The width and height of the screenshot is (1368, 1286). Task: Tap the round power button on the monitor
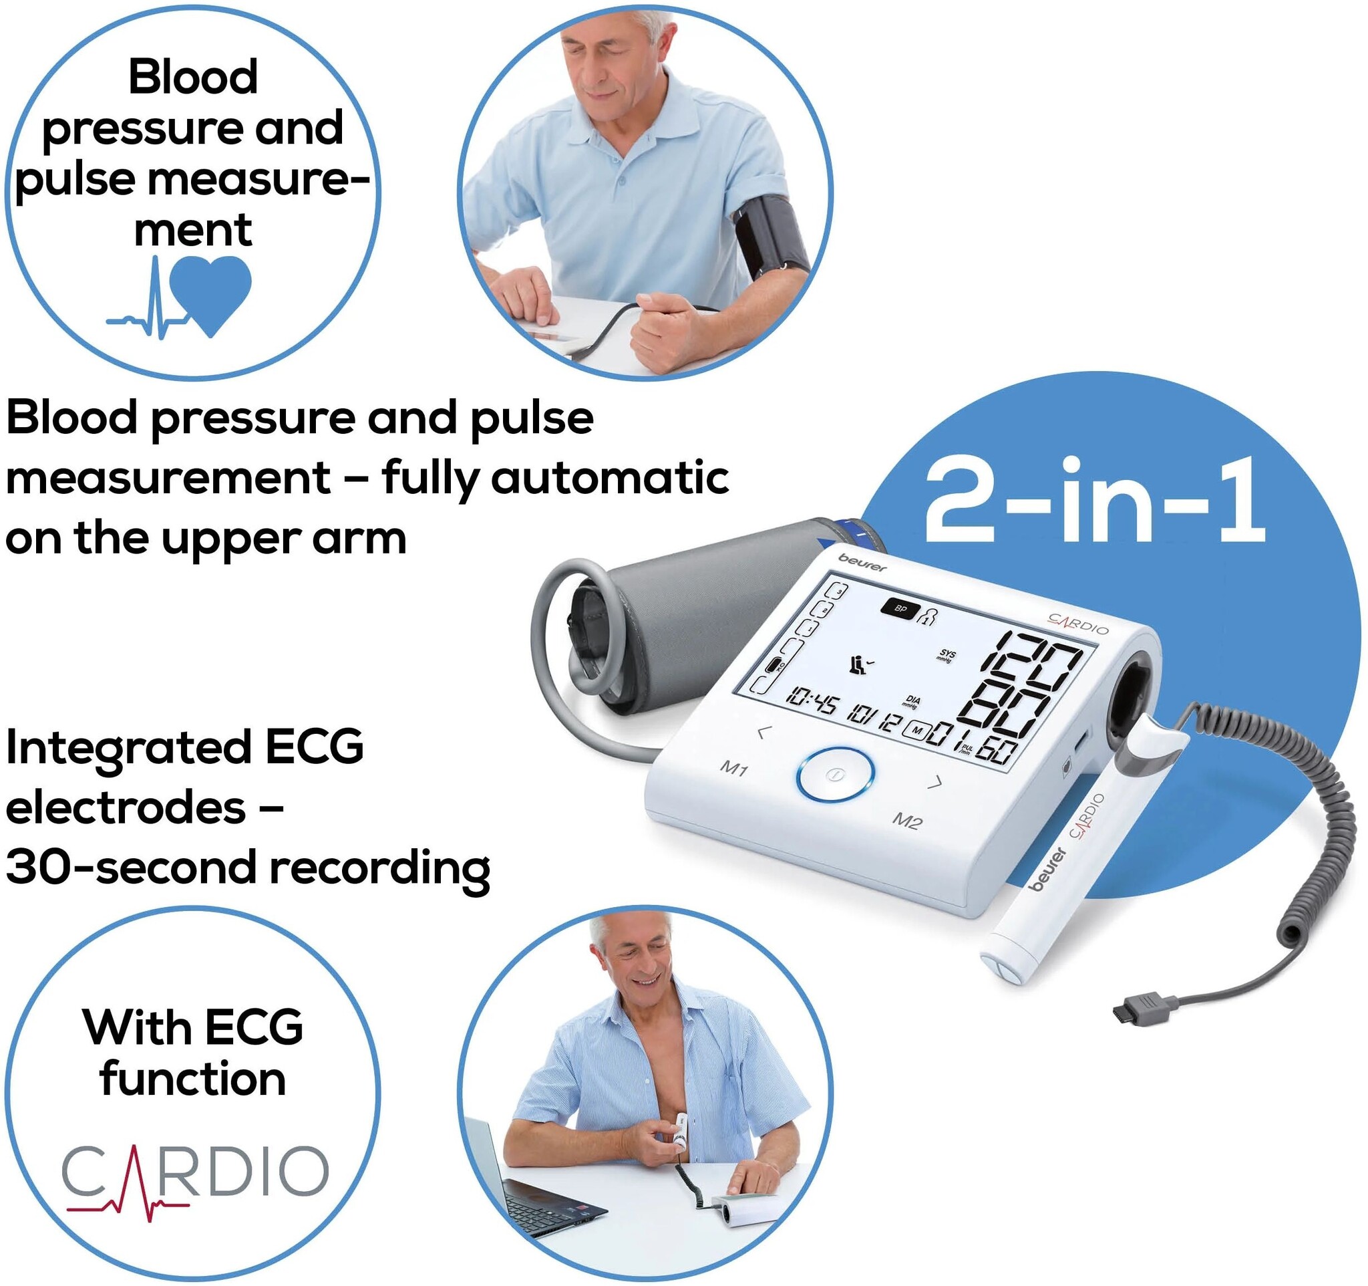click(835, 775)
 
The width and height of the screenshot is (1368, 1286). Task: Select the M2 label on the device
click(907, 821)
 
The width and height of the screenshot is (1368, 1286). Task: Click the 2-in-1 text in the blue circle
click(1095, 501)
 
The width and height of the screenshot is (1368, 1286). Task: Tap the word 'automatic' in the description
click(609, 478)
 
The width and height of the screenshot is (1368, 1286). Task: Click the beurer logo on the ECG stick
click(1046, 869)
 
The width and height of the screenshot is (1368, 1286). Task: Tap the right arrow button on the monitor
click(934, 783)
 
